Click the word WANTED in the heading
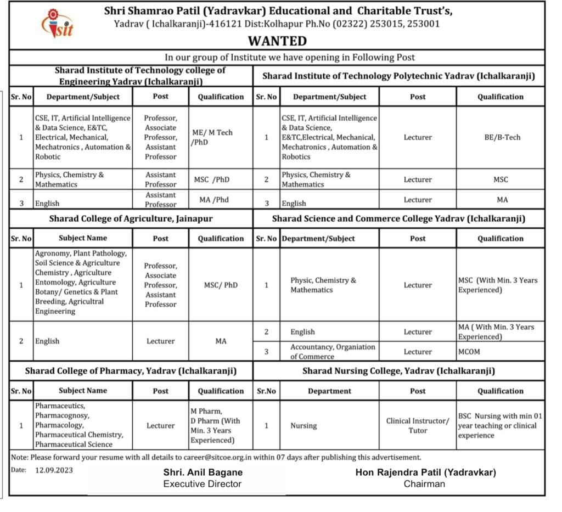point(277,41)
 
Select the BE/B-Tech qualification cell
point(500,137)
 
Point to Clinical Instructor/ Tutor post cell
point(418,426)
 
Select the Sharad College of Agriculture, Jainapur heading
point(131,218)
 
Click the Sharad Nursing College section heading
point(398,371)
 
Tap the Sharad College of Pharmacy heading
point(131,371)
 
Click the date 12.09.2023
point(54,470)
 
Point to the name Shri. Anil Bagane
point(203,472)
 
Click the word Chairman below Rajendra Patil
point(424,484)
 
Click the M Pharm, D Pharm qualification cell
point(215,426)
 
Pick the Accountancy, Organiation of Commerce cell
point(333,352)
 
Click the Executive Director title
point(203,484)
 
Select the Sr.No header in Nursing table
point(266,391)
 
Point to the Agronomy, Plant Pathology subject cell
point(81,283)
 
